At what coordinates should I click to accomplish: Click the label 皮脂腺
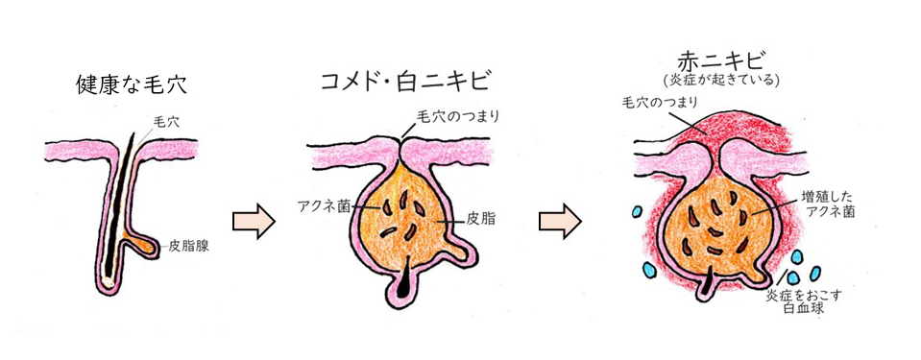click(189, 246)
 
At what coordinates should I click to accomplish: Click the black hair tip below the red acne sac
click(712, 281)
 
